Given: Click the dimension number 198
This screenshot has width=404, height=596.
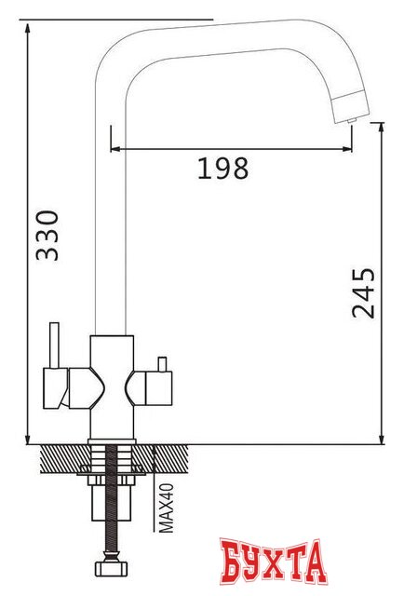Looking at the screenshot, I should [x=223, y=169].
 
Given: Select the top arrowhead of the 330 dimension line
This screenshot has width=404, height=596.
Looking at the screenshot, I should [x=29, y=22].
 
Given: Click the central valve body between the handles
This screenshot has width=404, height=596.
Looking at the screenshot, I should [x=113, y=382].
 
